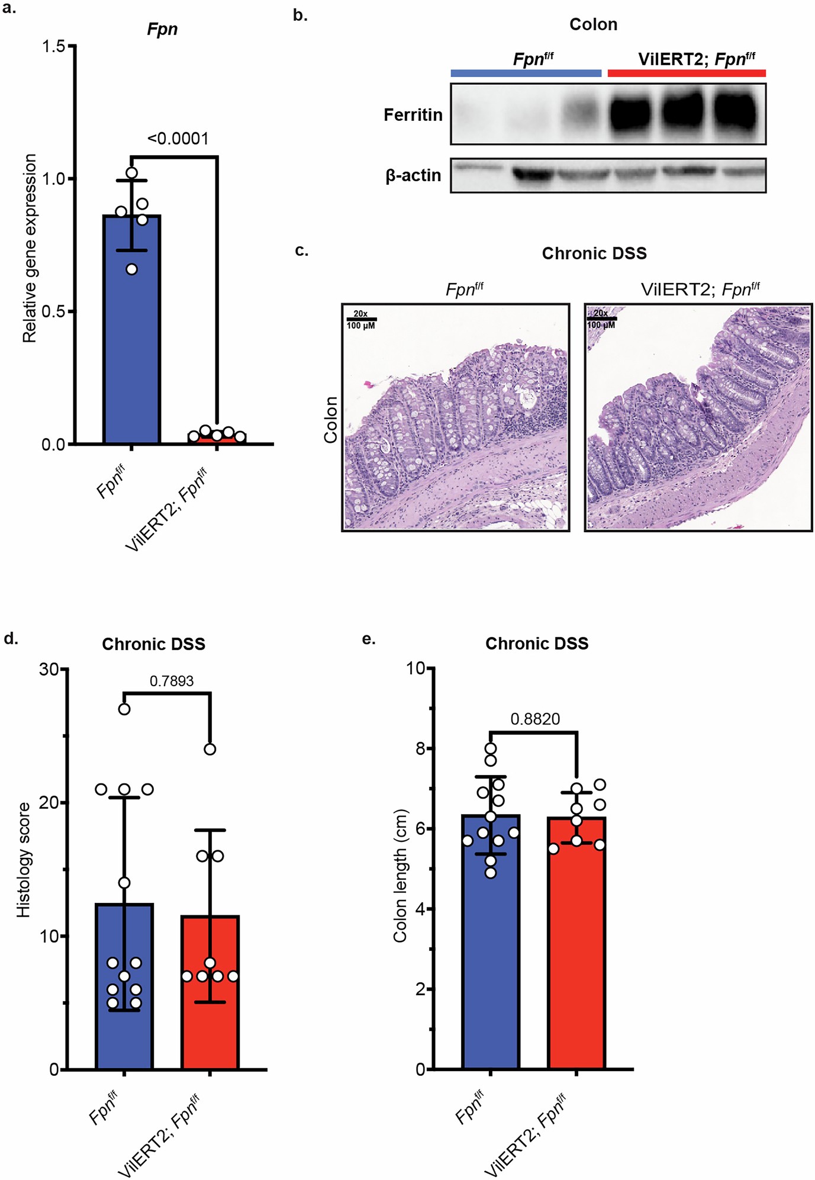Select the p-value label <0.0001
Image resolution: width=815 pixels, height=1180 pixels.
point(178,139)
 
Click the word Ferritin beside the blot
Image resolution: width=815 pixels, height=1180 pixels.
point(413,115)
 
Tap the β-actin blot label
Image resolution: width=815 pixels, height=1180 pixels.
point(413,176)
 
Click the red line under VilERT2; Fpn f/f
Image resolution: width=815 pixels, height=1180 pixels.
point(687,73)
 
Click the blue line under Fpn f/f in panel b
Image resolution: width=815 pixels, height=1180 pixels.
point(526,73)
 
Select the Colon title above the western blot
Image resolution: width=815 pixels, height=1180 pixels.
point(593,24)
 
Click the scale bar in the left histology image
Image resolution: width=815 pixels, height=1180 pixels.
point(361,319)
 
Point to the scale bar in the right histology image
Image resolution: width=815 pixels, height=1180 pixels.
point(601,319)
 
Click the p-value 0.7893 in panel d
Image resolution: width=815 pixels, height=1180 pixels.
point(172,681)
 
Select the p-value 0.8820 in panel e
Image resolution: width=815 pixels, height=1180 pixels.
point(535,719)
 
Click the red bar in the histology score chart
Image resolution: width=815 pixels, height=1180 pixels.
point(210,1007)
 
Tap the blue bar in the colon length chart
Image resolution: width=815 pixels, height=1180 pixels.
point(490,959)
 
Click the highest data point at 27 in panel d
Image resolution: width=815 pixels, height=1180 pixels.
point(124,709)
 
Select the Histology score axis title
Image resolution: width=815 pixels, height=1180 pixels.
point(23,860)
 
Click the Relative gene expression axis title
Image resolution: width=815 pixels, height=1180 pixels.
point(30,248)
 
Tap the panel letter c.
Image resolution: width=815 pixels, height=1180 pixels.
point(301,250)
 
